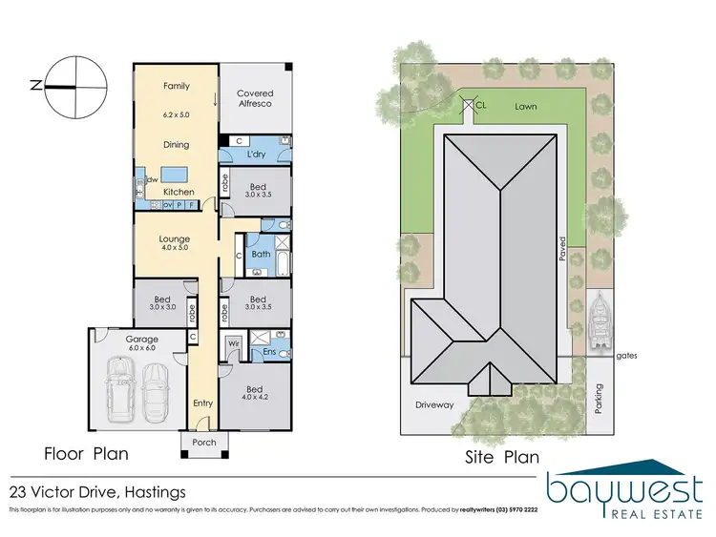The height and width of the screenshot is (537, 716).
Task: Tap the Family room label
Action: pos(177,86)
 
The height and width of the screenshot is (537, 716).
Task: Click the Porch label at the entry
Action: pos(204,443)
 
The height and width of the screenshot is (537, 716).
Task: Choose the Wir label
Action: pos(232,341)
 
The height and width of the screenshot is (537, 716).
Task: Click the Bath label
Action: pos(261,255)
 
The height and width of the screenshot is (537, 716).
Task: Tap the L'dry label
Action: pos(255,155)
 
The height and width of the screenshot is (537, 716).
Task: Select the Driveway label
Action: pos(434,404)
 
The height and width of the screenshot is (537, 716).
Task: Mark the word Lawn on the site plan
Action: pos(525,107)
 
